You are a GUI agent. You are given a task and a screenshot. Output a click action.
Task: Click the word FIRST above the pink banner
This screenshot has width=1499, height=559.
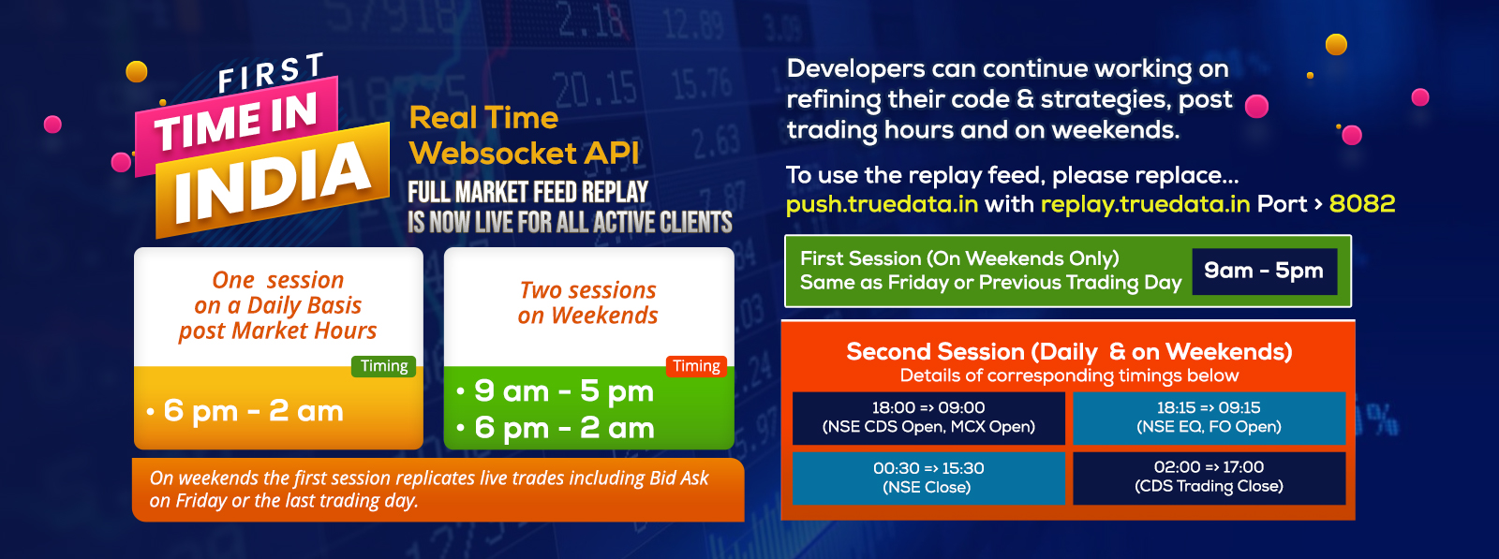(x=271, y=72)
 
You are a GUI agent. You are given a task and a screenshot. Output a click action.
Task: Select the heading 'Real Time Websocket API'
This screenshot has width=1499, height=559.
(x=524, y=135)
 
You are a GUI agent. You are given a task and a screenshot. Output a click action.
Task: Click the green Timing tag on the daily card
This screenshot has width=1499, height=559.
(x=383, y=366)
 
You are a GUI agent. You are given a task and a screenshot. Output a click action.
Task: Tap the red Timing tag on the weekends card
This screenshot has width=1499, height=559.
(x=696, y=366)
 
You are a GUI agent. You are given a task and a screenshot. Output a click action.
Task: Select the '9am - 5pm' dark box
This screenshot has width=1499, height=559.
(x=1264, y=271)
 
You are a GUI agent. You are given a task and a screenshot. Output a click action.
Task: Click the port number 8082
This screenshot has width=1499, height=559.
(x=1362, y=203)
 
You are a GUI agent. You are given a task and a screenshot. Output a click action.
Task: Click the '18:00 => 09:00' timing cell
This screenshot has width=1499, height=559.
(x=928, y=418)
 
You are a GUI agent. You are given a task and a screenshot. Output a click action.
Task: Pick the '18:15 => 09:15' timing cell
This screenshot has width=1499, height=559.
(x=1210, y=418)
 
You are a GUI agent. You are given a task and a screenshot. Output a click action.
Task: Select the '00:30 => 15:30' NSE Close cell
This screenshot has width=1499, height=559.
(x=928, y=478)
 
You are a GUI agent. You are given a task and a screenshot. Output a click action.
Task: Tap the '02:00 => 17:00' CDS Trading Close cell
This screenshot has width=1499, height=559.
(x=1210, y=478)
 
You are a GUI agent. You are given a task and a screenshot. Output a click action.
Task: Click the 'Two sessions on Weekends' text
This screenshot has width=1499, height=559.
(x=588, y=302)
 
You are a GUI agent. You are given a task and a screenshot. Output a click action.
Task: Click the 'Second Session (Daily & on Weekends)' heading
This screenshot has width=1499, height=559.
(x=1069, y=351)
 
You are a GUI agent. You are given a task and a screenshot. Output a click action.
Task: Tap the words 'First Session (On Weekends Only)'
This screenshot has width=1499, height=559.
(x=959, y=258)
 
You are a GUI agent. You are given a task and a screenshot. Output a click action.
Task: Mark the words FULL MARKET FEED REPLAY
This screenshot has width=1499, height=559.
(x=528, y=193)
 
